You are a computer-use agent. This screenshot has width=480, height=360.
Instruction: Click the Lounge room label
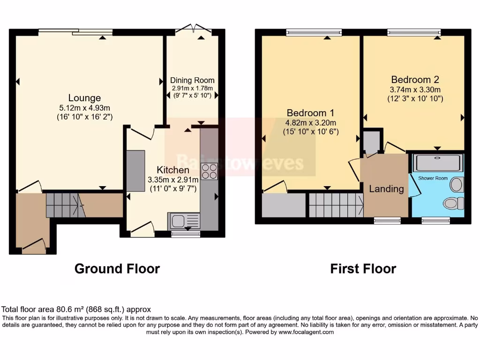tap(84, 98)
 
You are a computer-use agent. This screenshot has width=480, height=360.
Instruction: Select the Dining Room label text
tap(192, 80)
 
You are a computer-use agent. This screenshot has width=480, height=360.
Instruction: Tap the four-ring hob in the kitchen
tap(209, 172)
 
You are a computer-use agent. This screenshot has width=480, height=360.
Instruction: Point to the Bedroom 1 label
tap(310, 113)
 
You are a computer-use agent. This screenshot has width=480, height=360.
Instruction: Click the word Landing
tap(386, 189)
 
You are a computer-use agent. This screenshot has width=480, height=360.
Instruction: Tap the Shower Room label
tap(433, 179)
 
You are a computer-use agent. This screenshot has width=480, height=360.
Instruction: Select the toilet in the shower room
tap(453, 203)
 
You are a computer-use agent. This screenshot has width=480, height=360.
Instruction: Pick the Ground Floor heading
tap(117, 269)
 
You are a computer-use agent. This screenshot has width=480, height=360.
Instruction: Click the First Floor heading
tap(363, 269)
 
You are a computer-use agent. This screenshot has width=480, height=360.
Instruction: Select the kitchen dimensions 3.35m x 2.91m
tap(173, 180)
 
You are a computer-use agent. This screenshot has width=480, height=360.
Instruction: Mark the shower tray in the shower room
tap(437, 163)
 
